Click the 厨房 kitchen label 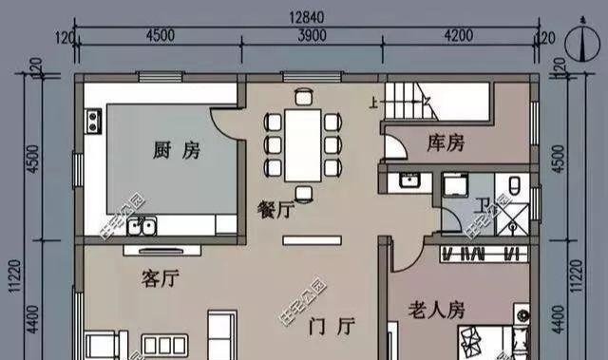click(176, 150)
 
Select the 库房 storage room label click(446, 143)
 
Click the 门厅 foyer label click(332, 327)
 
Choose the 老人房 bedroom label click(436, 311)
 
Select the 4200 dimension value click(458, 35)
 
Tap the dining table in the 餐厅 click(304, 142)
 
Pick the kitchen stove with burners click(94, 121)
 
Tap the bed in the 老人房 click(484, 342)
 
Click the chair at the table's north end click(304, 96)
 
